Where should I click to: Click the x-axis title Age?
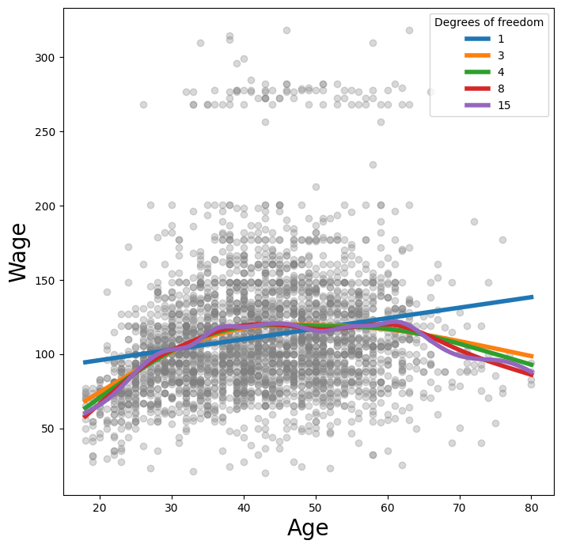(x=308, y=527)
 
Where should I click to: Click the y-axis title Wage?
(x=19, y=252)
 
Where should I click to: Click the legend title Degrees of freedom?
(x=489, y=22)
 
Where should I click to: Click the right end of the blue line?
(x=532, y=297)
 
